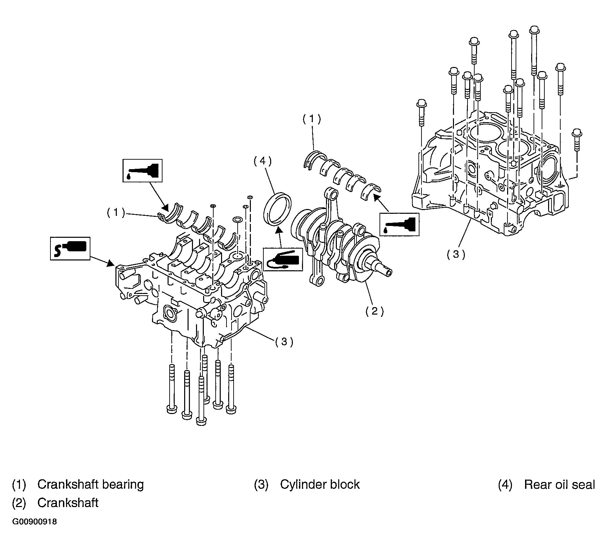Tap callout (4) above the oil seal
(263, 161)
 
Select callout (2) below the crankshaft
(374, 311)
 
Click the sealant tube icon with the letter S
(70, 248)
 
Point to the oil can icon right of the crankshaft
(399, 224)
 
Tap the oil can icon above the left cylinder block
(142, 170)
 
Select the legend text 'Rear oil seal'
(559, 485)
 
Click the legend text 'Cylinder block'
(320, 485)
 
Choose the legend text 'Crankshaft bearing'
(90, 485)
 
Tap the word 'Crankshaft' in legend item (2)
(68, 503)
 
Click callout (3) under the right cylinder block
(456, 254)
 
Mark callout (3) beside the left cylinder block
(284, 342)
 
